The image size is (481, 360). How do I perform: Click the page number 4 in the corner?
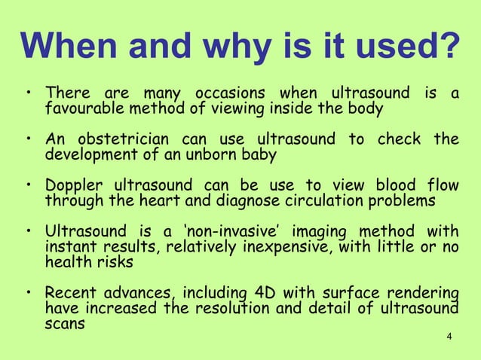tap(449, 335)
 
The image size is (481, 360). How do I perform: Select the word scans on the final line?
tap(66, 324)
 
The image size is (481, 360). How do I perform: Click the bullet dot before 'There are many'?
tap(28, 95)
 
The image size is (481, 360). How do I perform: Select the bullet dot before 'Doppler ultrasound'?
tap(28, 187)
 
